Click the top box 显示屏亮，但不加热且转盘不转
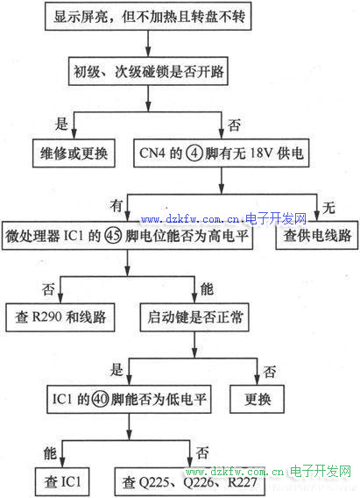point(148,16)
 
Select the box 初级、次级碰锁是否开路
point(148,71)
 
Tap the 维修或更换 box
point(74,153)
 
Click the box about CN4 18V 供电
point(222,153)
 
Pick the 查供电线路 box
point(317,235)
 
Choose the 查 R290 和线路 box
point(60,317)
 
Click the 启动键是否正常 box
point(194,317)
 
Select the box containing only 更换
point(257,399)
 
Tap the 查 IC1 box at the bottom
point(62,481)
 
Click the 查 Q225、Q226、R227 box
point(190,482)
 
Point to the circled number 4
point(194,153)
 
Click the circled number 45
point(113,236)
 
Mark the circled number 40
point(101,399)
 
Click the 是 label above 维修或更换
point(61,124)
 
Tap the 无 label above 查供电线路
point(329,208)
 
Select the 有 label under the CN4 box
point(116,205)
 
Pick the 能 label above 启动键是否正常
point(207,288)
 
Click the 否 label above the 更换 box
point(269,371)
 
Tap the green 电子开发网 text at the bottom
point(321,471)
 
